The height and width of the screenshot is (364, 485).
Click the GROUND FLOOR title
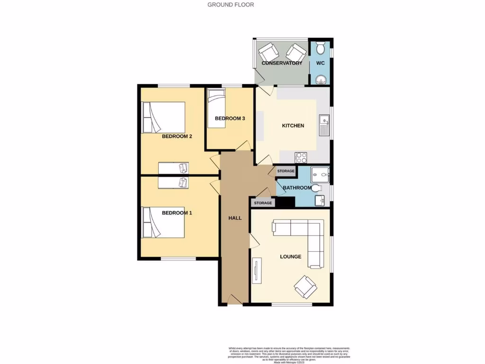[231, 5]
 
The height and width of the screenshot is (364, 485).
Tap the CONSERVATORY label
[282, 63]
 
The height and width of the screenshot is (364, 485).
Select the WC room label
[320, 63]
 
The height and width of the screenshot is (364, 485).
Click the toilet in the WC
[320, 48]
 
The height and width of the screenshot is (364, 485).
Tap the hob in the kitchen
[301, 157]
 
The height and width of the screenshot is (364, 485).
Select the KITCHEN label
[293, 126]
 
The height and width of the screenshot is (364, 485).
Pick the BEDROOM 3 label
[230, 118]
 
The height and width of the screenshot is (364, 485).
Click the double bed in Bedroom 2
[163, 117]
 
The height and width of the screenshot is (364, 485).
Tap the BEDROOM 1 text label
[177, 213]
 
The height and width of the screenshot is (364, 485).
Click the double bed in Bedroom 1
[163, 222]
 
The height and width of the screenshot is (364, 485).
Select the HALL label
[235, 218]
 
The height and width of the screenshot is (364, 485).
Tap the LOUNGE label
[290, 257]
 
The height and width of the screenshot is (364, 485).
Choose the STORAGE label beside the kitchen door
[286, 171]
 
